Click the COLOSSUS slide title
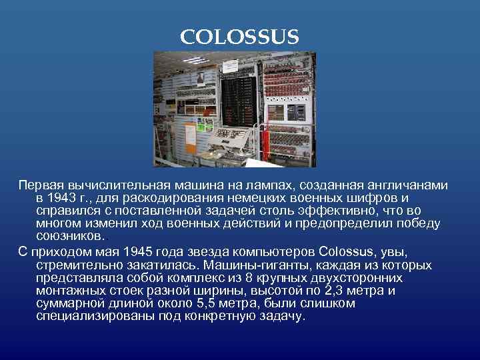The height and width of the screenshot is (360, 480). [239, 37]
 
